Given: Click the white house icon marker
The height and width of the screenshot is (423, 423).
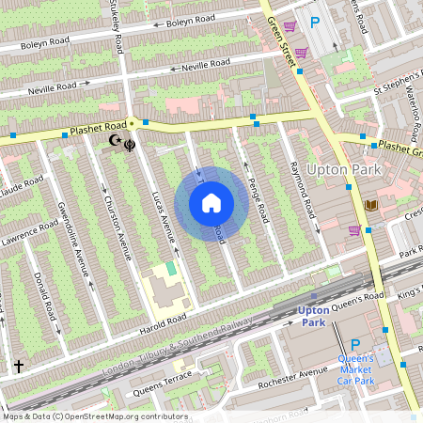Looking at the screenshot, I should point(211,202).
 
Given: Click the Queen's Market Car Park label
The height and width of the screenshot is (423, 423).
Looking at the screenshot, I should point(355,370).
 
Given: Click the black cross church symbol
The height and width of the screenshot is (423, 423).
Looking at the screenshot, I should point(18,365).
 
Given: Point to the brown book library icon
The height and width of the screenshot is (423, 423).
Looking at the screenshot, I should point(370,205).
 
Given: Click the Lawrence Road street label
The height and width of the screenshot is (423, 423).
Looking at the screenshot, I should point(29,229).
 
